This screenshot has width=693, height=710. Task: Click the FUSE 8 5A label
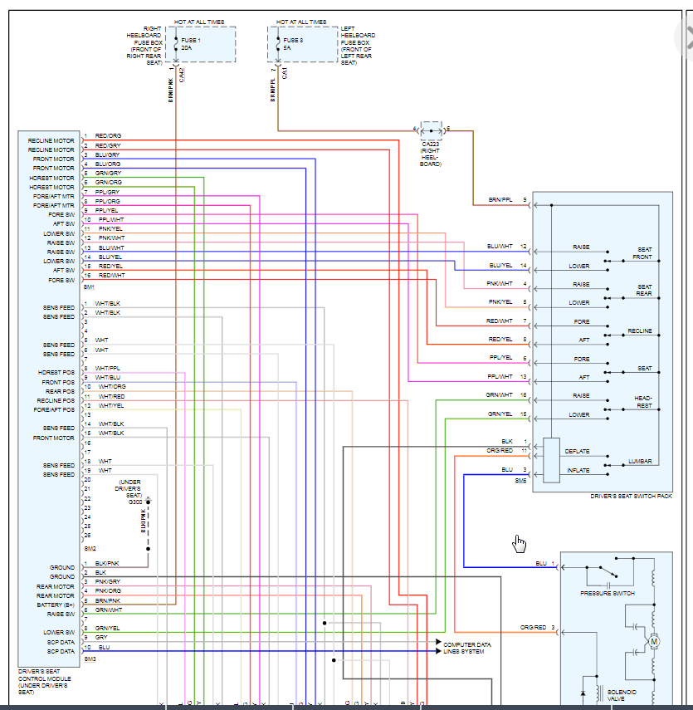pyautogui.click(x=291, y=44)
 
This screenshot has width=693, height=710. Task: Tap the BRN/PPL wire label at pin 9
pyautogui.click(x=500, y=200)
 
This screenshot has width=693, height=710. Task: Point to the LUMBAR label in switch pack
pyautogui.click(x=640, y=461)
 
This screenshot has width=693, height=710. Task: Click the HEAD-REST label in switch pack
pyautogui.click(x=643, y=402)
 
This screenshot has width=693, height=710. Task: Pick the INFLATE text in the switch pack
pyautogui.click(x=578, y=471)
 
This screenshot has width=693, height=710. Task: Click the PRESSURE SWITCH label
pyautogui.click(x=608, y=594)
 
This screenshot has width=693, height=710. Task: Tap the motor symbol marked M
pyautogui.click(x=653, y=640)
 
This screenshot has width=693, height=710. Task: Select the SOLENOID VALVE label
pyautogui.click(x=622, y=695)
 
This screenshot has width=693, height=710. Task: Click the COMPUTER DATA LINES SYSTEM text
pyautogui.click(x=466, y=648)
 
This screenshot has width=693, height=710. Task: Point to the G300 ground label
pyautogui.click(x=135, y=502)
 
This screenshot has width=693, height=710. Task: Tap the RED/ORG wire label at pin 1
pyautogui.click(x=108, y=135)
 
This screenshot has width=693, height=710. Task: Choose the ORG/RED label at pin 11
pyautogui.click(x=500, y=451)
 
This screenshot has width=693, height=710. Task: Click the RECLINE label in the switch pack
pyautogui.click(x=640, y=331)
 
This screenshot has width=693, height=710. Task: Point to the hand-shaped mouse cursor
pyautogui.click(x=519, y=543)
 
